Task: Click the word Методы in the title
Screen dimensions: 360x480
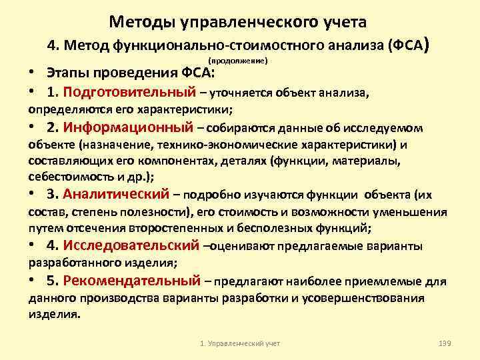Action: coord(141,23)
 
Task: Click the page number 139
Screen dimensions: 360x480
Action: coord(445,343)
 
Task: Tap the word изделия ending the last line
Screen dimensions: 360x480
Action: coord(53,313)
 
